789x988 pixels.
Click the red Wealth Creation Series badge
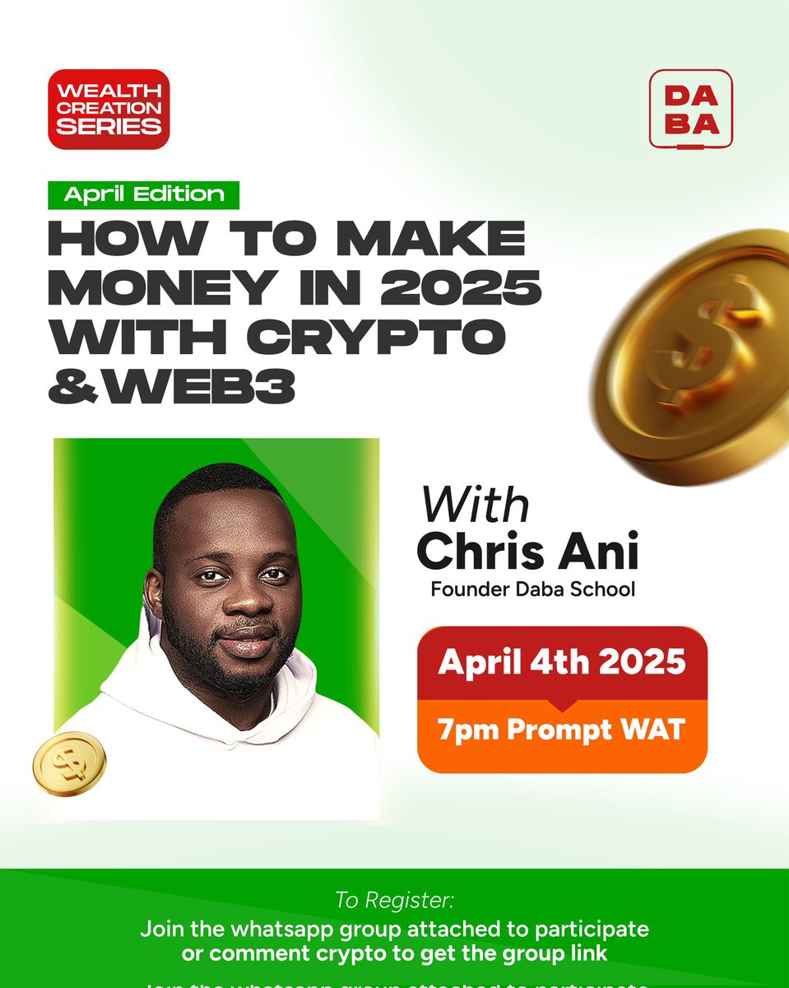coord(109,110)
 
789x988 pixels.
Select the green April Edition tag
coord(143,194)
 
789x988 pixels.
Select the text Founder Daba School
coord(532,590)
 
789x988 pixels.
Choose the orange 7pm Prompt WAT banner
coord(562,730)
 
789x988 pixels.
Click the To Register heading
coord(394,899)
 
